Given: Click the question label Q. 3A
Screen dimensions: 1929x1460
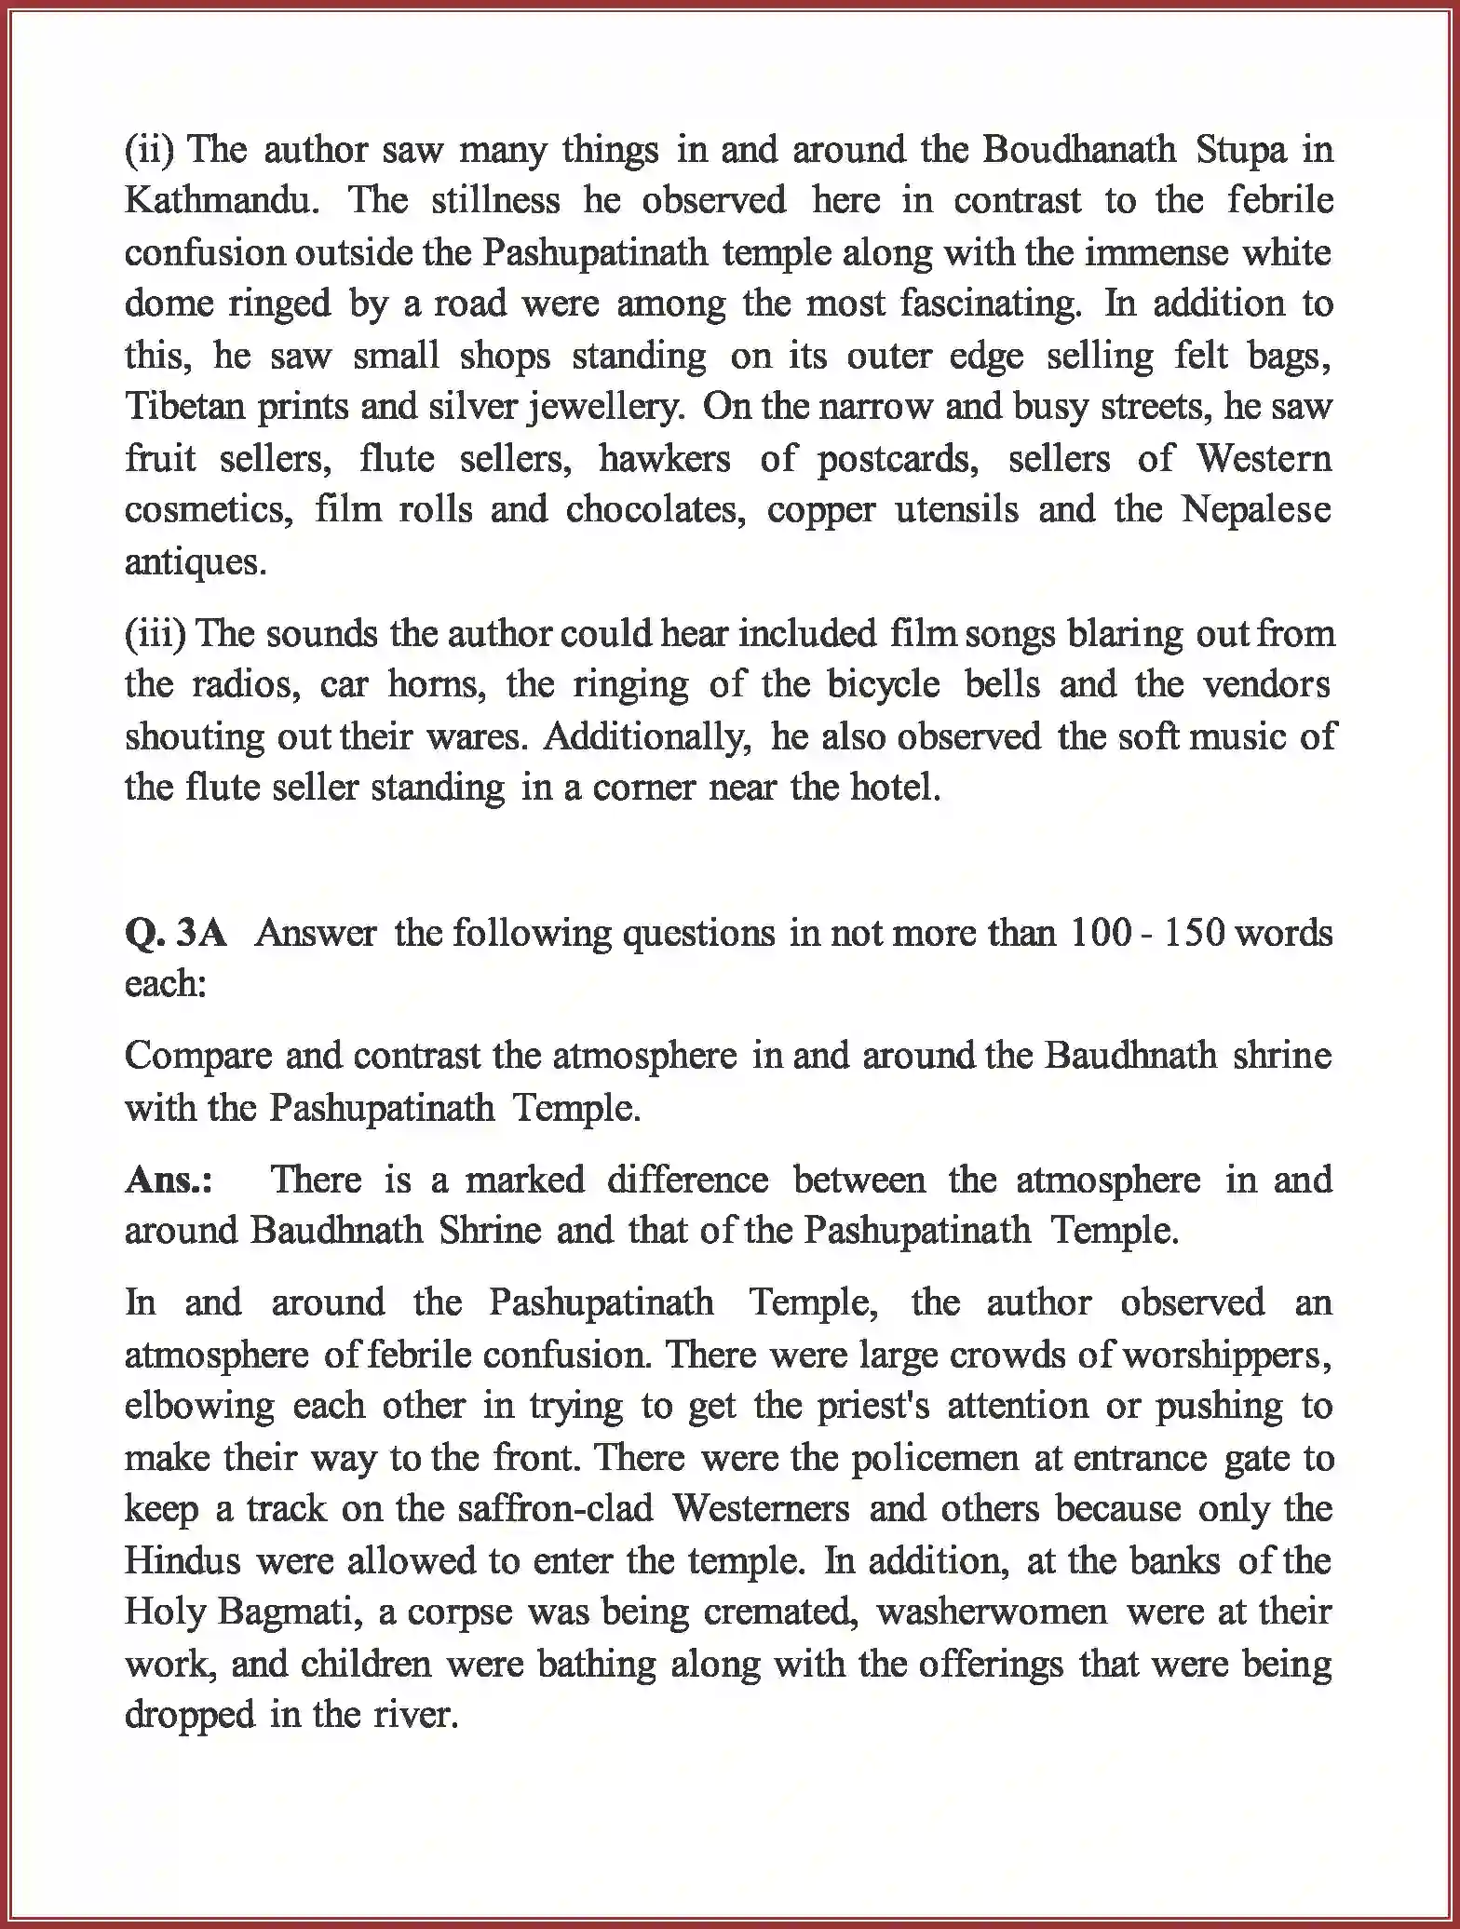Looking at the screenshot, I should click(175, 933).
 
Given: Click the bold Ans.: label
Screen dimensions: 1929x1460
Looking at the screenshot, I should click(169, 1180).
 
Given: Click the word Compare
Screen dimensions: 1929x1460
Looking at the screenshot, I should click(196, 1056).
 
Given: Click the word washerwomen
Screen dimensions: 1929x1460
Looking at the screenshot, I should click(993, 1612).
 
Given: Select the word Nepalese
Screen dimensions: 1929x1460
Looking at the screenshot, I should click(1256, 510).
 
